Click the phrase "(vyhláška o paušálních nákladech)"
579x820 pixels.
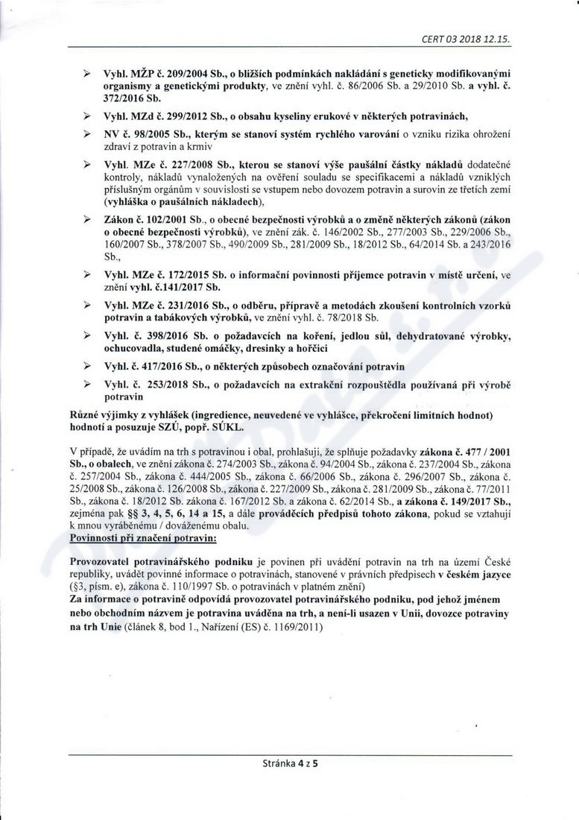(184, 203)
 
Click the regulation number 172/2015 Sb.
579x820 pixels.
(187, 275)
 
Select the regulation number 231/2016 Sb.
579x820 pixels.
(187, 303)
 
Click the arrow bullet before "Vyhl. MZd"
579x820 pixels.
(87, 117)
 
